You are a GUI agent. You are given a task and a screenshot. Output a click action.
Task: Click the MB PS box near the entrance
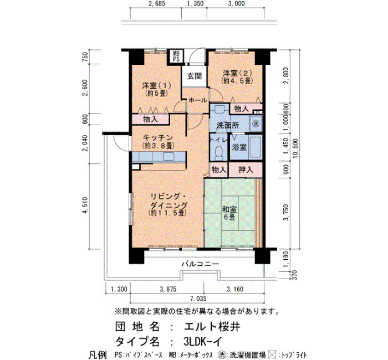pyautogui.click(x=176, y=56)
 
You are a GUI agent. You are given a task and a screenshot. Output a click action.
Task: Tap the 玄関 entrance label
pyautogui.click(x=194, y=76)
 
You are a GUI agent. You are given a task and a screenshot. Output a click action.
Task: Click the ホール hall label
pyautogui.click(x=198, y=100)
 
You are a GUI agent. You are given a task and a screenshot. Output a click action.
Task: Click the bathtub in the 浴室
pyautogui.click(x=255, y=147)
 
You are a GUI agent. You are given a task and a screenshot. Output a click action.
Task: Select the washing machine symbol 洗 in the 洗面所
pyautogui.click(x=256, y=124)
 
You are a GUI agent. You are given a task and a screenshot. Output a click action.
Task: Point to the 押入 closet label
pyautogui.click(x=246, y=170)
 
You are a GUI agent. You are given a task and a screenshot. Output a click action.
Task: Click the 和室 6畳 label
pyautogui.click(x=229, y=213)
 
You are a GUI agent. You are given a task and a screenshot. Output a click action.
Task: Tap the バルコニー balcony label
pyautogui.click(x=200, y=264)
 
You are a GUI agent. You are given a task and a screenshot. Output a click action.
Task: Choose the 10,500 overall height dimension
pyautogui.click(x=295, y=149)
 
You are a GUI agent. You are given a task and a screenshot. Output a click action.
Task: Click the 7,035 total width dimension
pyautogui.click(x=198, y=299)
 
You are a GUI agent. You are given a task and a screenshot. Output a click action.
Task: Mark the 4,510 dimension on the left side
pyautogui.click(x=85, y=205)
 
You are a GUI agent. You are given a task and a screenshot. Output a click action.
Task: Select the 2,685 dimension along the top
pyautogui.click(x=156, y=3)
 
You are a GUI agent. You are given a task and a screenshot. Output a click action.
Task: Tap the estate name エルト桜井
pyautogui.click(x=212, y=327)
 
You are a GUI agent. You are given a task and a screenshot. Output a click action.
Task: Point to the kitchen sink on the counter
pyautogui.click(x=169, y=157)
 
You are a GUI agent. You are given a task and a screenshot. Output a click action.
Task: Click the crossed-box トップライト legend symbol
pyautogui.click(x=272, y=355)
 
